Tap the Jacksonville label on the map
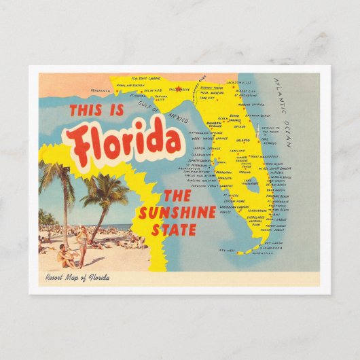240,82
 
